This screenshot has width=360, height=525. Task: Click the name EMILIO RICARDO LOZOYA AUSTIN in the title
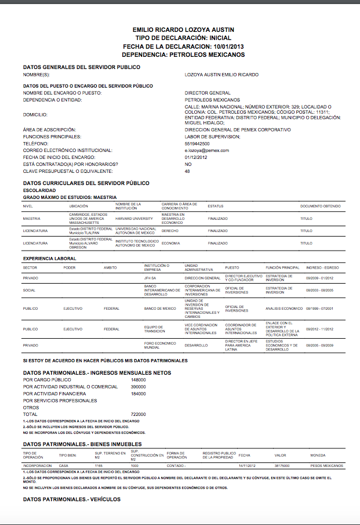[183, 30]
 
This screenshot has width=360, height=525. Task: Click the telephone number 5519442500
[197, 143]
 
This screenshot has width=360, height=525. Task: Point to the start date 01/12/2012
[196, 157]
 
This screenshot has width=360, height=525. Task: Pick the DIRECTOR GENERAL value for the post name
[208, 93]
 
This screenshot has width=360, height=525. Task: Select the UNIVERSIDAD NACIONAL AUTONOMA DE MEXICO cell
[136, 230]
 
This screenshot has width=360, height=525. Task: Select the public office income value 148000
[138, 379]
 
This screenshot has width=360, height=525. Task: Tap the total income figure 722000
[138, 414]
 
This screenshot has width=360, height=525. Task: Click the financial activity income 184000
[138, 393]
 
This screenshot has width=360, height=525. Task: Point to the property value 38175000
[282, 466]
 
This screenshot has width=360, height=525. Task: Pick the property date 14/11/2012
[248, 466]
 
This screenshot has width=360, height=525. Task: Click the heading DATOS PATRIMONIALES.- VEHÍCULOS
[71, 499]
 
